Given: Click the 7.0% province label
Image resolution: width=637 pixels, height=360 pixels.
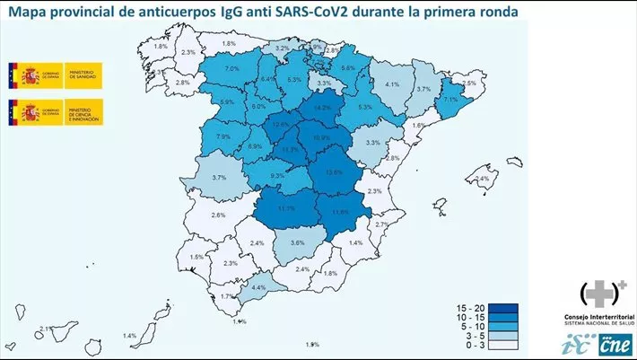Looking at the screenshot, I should click(231, 69).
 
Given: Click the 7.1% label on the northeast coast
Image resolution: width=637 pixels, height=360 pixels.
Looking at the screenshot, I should click(450, 101).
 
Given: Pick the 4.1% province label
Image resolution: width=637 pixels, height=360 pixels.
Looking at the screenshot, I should click(391, 85).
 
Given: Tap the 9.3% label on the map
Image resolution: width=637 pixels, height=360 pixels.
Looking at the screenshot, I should click(277, 175).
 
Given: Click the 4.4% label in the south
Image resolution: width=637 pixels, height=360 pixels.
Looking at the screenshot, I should click(259, 288).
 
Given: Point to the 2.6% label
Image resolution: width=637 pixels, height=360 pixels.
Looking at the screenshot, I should click(218, 215).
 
